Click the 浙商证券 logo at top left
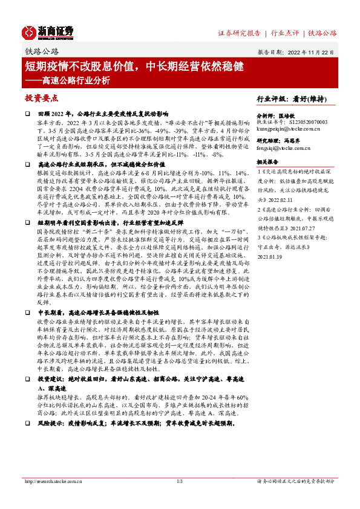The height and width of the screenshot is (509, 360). click(x=48, y=31)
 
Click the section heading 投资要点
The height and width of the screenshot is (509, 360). click(x=42, y=97)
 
